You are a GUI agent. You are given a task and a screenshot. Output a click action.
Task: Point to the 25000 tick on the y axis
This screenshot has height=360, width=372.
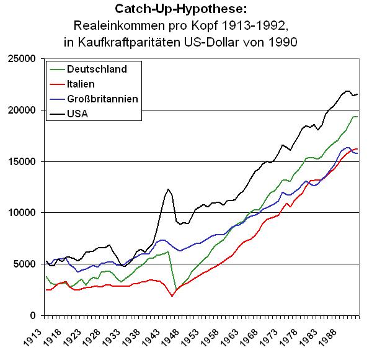(x=25, y=59)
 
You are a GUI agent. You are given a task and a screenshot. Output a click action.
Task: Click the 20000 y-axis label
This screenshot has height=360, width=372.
(x=25, y=110)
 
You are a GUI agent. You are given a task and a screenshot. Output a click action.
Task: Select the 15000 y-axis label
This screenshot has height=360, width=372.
(x=25, y=161)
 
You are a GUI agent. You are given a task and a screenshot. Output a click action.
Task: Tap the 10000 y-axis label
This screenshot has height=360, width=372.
(x=25, y=213)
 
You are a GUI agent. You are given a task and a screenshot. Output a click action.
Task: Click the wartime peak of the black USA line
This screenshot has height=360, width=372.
(x=168, y=189)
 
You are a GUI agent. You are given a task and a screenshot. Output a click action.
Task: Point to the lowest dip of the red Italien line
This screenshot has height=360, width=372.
(x=172, y=296)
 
